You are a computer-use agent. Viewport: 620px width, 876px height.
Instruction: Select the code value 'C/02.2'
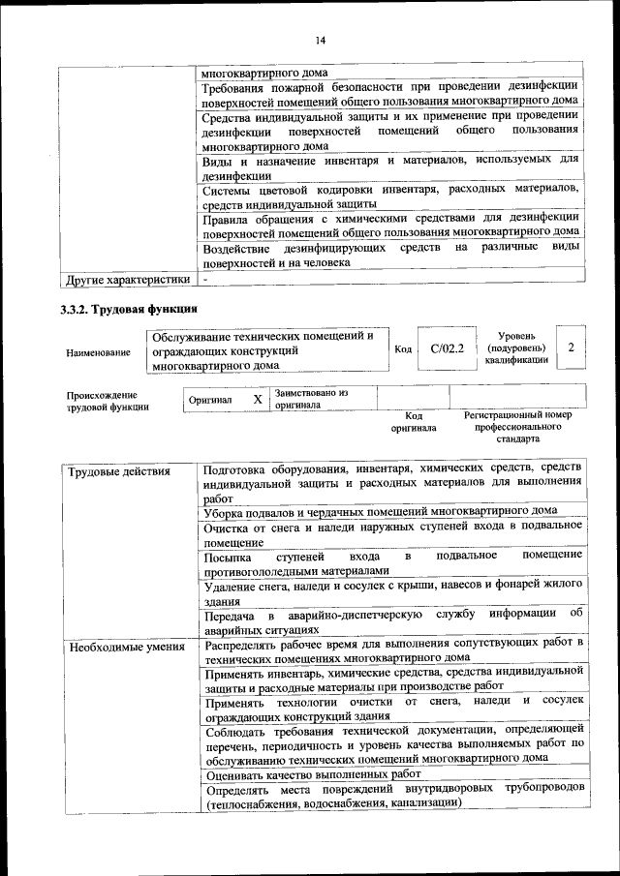coord(447,347)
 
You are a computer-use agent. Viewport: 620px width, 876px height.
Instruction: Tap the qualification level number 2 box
coord(572,347)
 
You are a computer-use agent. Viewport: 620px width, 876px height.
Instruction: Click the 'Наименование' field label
coord(98,353)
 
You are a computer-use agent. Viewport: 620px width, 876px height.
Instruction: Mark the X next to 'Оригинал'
coord(257,399)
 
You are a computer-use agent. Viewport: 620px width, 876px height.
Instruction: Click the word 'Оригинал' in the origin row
coord(209,400)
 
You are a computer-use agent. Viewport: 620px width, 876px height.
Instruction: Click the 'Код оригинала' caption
coord(414,421)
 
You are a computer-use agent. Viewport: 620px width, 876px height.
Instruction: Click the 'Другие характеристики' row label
coord(127,281)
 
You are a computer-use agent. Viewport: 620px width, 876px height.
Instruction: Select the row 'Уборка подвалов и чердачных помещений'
coord(381,510)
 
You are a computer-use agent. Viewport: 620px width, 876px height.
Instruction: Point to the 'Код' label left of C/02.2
coord(404,348)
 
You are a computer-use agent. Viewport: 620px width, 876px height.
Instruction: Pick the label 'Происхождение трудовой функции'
coord(108,401)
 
